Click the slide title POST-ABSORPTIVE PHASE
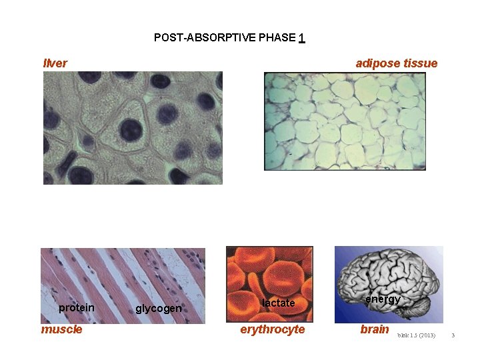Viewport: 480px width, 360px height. tap(225, 37)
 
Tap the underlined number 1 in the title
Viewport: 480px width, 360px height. tap(302, 38)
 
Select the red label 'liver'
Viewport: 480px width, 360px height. tap(55, 63)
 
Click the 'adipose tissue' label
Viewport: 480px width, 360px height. tap(397, 63)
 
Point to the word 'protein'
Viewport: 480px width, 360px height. tap(77, 307)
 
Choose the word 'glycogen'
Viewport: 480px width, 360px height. tap(159, 308)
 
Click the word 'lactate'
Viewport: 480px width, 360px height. tap(278, 303)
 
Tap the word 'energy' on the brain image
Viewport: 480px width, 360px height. tap(383, 299)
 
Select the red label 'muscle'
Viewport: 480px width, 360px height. tap(62, 329)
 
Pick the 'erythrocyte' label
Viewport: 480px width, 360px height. tap(272, 329)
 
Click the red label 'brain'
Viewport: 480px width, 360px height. tap(375, 329)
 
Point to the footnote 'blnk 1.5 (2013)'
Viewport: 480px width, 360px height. tap(417, 334)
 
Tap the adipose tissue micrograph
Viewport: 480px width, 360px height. tap(345, 121)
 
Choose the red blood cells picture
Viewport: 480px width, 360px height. tap(269, 273)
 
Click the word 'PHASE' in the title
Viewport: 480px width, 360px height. tap(277, 37)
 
